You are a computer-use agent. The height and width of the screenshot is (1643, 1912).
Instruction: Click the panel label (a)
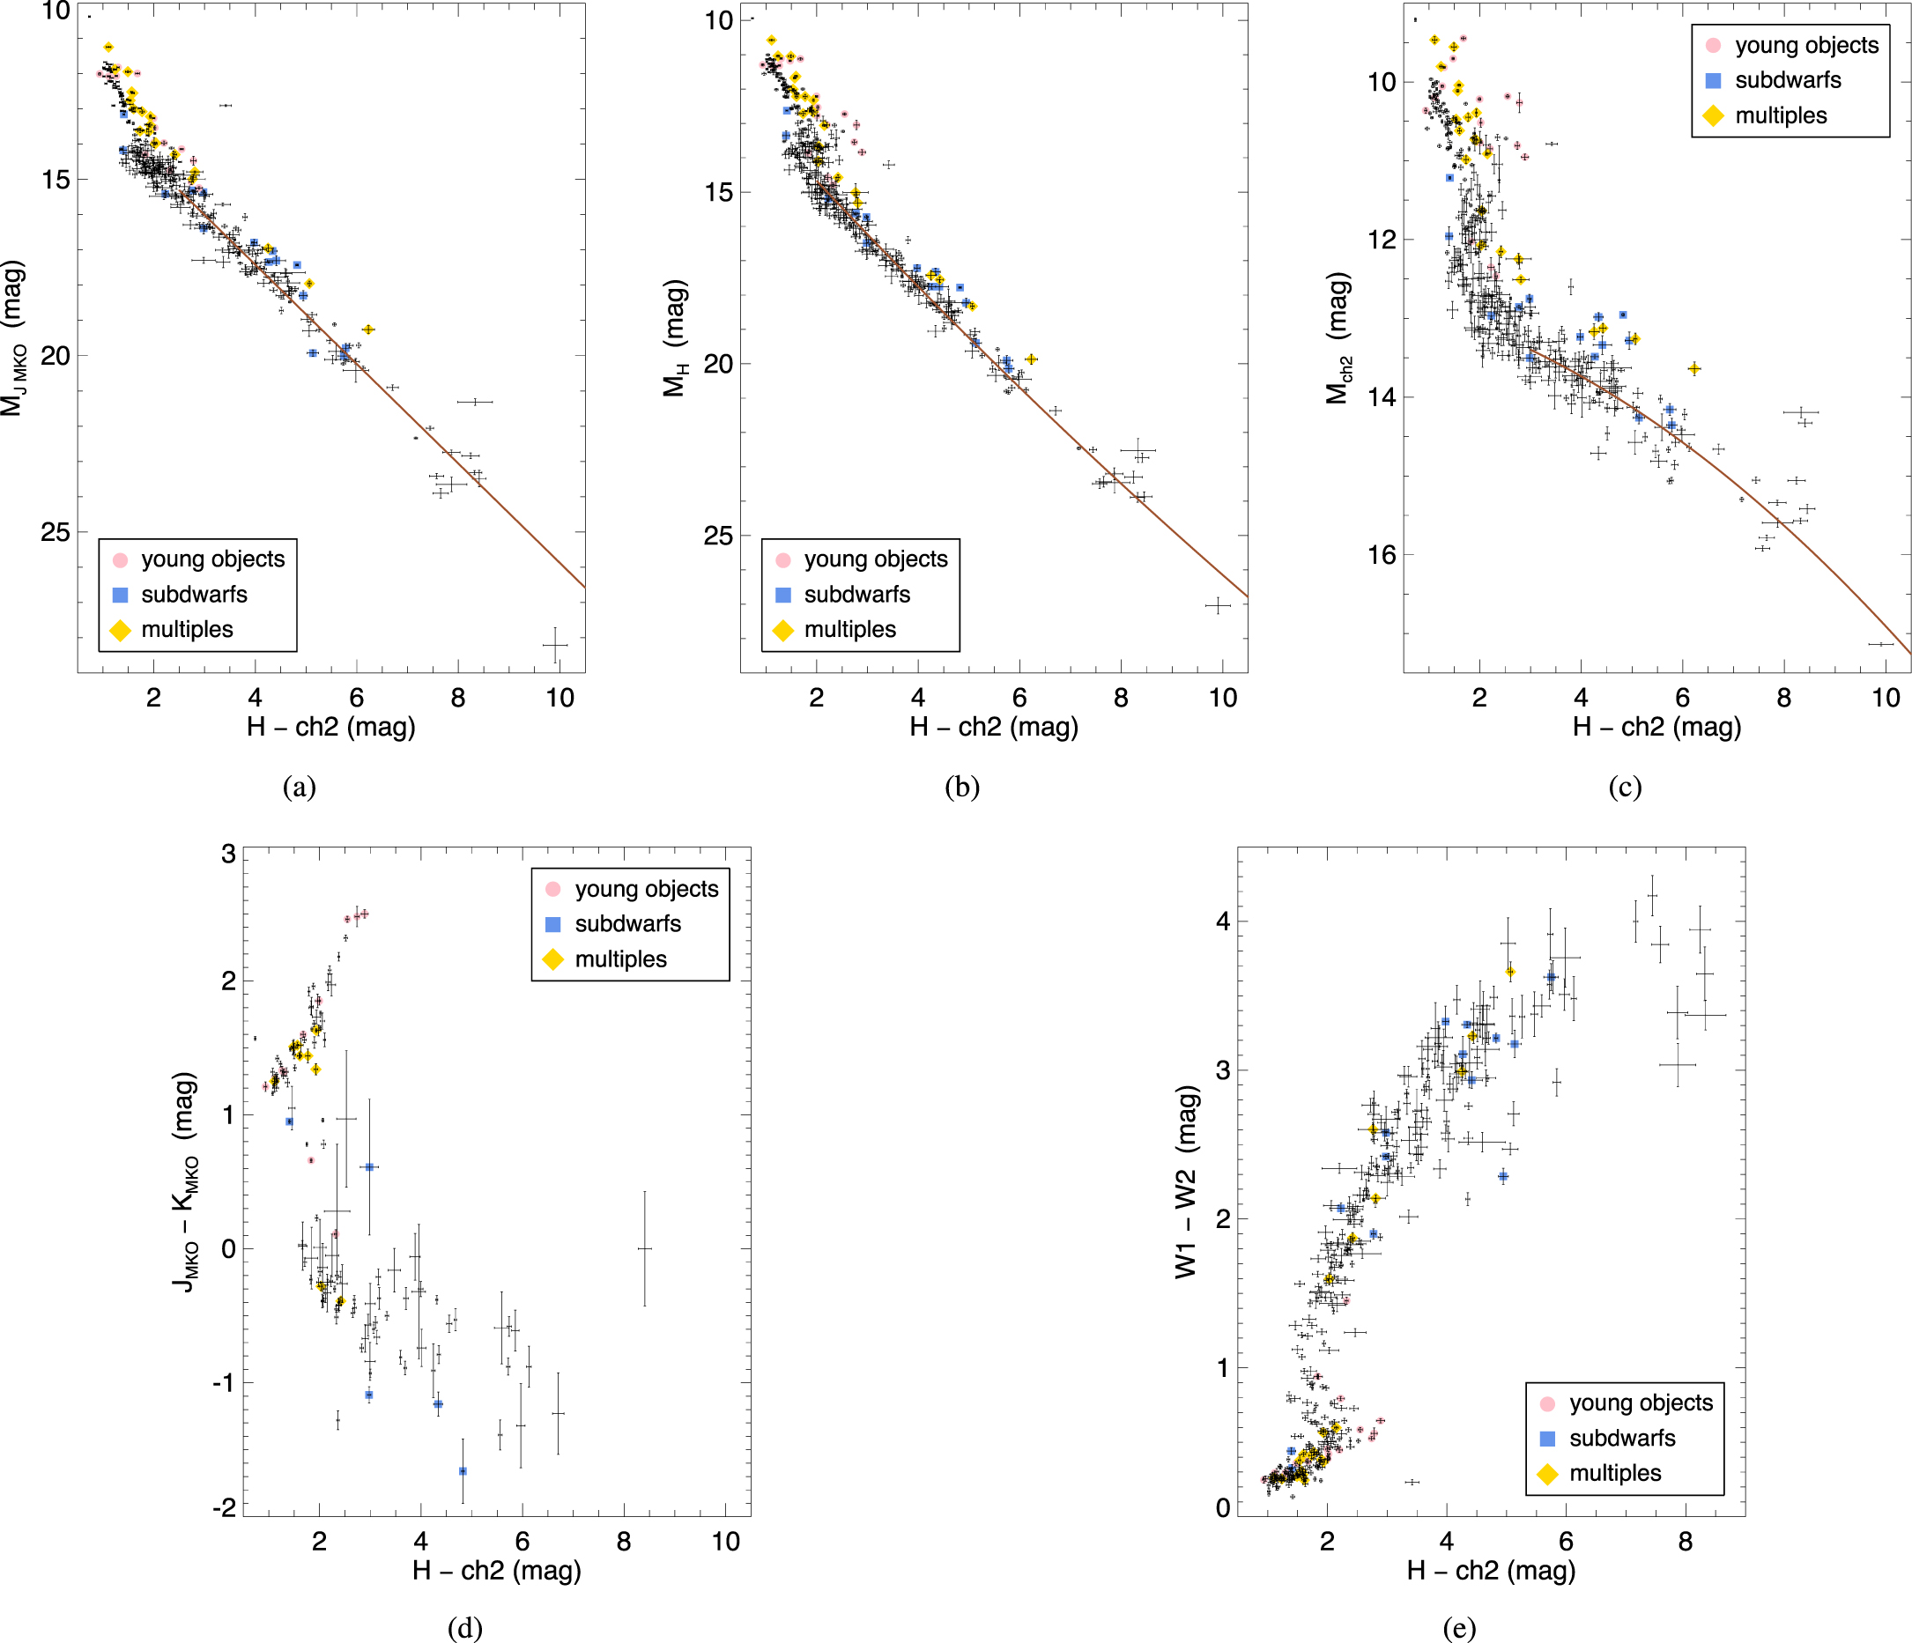point(299,787)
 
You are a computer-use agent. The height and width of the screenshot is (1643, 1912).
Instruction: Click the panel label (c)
point(1624,787)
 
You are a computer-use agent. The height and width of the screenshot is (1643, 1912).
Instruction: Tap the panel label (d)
point(464,1628)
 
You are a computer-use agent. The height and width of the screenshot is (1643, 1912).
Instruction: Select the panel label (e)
point(1458,1628)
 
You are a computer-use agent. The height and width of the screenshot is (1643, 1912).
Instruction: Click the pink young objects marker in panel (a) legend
point(120,560)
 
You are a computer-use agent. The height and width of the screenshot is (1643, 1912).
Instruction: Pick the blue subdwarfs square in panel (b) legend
point(782,595)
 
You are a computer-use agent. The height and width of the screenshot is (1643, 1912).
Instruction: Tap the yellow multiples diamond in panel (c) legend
point(1713,115)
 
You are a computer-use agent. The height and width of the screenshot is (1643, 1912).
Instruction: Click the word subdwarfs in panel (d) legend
point(627,923)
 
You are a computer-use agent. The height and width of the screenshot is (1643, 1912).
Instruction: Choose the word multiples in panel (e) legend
point(1615,1473)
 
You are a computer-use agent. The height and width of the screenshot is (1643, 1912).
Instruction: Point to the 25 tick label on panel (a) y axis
point(56,532)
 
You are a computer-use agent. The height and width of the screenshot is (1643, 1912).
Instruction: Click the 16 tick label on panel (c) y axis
point(1382,554)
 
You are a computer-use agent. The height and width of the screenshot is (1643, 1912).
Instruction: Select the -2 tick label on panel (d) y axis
point(224,1507)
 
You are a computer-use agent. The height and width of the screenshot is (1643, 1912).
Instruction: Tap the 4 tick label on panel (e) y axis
point(1223,921)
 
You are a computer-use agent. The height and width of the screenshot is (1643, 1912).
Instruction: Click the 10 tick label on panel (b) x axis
point(1222,698)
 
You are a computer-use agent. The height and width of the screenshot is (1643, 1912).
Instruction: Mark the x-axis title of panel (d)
point(496,1570)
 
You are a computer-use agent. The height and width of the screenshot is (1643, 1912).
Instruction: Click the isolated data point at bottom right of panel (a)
point(554,645)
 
